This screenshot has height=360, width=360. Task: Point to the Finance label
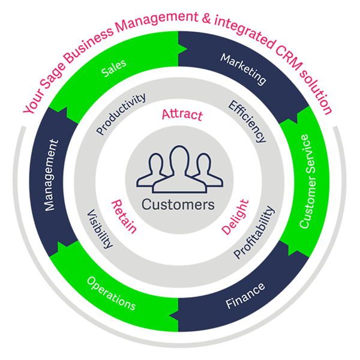pyautogui.click(x=245, y=293)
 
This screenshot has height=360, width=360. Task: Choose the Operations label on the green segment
pyautogui.click(x=111, y=293)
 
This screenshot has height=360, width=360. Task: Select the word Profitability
pyautogui.click(x=254, y=232)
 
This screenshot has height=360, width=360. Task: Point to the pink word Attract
pyautogui.click(x=182, y=115)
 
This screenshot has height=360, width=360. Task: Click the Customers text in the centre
pyautogui.click(x=178, y=205)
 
